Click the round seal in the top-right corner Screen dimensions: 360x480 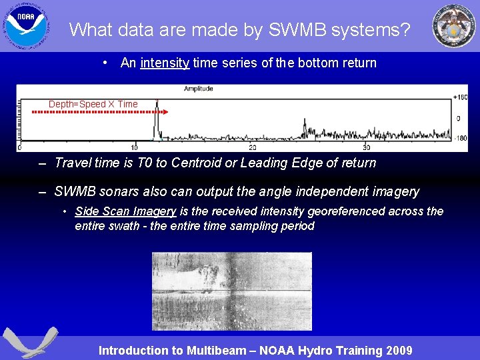453,26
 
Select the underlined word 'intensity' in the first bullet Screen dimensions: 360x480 165,63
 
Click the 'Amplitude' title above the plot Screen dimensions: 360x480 199,89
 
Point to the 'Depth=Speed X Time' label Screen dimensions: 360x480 93,104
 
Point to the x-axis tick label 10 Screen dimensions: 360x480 134,147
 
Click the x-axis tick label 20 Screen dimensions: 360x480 252,147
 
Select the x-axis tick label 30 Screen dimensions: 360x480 366,147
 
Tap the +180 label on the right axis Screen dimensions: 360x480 459,97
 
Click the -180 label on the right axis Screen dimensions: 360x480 459,139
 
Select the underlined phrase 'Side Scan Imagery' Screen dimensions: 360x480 125,211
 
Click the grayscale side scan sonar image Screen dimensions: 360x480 231,291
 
